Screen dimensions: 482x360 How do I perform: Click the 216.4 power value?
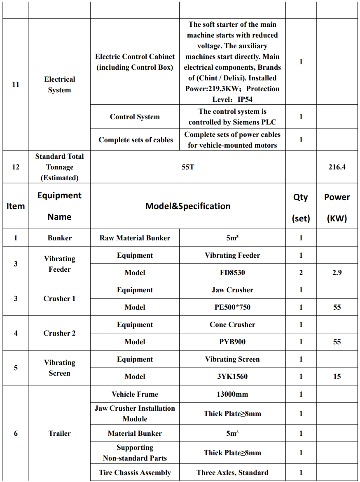(x=337, y=167)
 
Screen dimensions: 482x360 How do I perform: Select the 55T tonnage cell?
(x=188, y=167)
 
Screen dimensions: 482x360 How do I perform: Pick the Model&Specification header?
(x=188, y=206)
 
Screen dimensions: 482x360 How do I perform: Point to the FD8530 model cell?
(x=232, y=273)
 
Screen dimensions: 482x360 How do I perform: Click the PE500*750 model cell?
(x=232, y=307)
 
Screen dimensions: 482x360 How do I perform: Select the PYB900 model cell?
(x=232, y=342)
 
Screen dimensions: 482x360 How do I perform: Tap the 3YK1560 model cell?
(x=232, y=376)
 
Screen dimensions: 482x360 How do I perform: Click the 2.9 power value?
(x=337, y=273)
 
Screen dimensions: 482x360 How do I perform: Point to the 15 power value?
(x=337, y=376)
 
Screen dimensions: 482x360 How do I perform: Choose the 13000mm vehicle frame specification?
(x=232, y=394)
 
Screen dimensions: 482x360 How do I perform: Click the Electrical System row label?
(x=59, y=85)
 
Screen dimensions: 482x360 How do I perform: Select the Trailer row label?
(x=59, y=433)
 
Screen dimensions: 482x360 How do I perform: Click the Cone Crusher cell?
(x=232, y=324)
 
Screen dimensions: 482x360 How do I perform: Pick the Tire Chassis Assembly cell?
(x=135, y=473)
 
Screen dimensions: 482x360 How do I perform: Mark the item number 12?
(x=16, y=167)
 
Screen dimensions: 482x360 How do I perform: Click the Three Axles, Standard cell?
(x=232, y=473)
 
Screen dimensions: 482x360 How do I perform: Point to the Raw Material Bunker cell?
(x=135, y=238)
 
